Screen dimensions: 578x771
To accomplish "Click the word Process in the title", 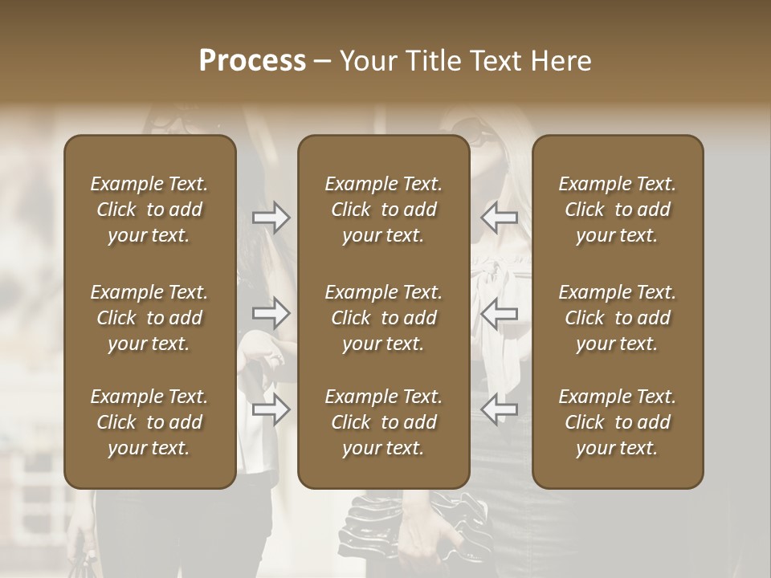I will click(x=252, y=61).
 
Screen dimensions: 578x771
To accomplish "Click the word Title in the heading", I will click(x=434, y=61).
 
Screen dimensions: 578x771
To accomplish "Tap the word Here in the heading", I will click(x=561, y=61).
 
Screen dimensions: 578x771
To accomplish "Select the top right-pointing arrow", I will click(x=271, y=218).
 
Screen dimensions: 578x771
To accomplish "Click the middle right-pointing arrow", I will click(x=271, y=313).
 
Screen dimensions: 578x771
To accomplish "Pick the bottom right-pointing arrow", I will click(x=271, y=409).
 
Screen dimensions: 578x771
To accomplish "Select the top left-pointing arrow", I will click(x=499, y=218).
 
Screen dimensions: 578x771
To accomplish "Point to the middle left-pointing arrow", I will click(x=499, y=313).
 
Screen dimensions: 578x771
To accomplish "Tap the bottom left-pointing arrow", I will click(x=499, y=409).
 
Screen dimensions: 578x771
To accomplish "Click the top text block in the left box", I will click(x=149, y=210).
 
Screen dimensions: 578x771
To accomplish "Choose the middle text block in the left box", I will click(x=149, y=318).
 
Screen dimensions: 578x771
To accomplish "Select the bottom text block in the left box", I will click(x=149, y=422).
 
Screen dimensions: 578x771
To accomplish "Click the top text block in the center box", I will click(x=383, y=210).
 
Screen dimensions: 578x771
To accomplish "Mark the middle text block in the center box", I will click(x=383, y=318).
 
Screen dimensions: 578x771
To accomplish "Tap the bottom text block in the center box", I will click(x=383, y=422).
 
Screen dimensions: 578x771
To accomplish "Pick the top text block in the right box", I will click(x=617, y=210).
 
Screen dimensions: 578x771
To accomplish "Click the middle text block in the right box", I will click(x=617, y=318).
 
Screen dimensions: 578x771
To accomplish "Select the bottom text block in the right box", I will click(x=617, y=422).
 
